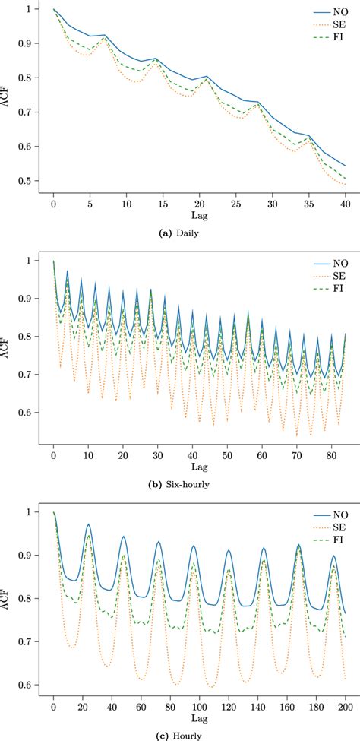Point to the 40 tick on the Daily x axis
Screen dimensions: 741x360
345,205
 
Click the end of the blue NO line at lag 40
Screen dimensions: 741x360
345,166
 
